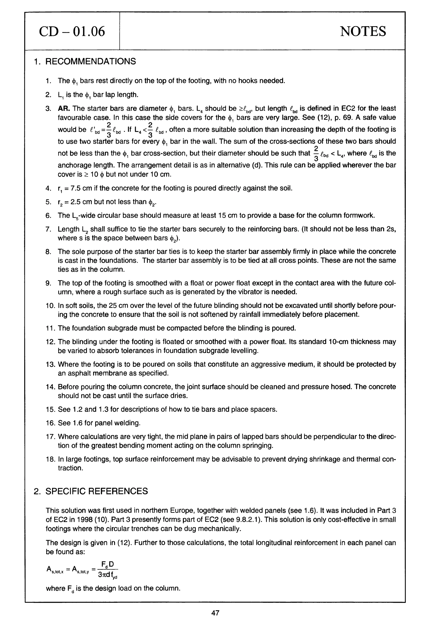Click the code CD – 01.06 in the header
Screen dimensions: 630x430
[72, 31]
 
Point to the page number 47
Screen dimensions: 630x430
[215, 613]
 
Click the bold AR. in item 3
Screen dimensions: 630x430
[64, 108]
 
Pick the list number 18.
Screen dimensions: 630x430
[50, 459]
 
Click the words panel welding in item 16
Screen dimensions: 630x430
[117, 423]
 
